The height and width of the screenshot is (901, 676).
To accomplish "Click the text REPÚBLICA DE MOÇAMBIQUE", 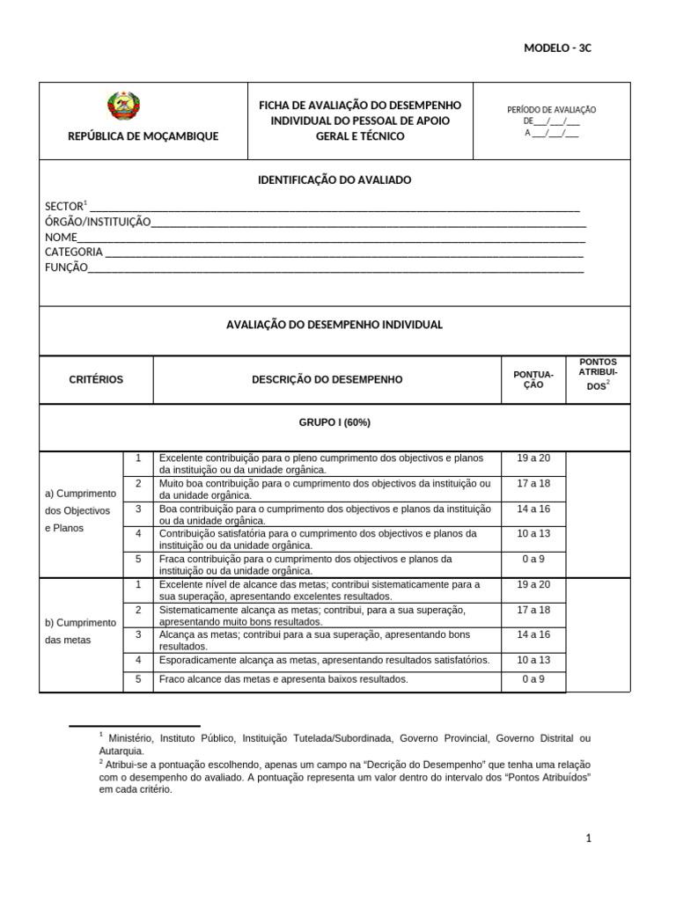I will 143,136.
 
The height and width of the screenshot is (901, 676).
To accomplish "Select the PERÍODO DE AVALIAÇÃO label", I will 552,110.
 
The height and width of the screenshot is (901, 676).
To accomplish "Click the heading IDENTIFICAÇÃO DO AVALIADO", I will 334,179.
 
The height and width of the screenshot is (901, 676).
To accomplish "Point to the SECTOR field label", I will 63,207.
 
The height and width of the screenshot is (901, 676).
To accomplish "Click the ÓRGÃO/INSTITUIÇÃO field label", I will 98,222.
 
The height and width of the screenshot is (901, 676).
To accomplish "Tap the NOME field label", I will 61,238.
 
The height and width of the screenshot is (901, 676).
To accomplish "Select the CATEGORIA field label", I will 74,253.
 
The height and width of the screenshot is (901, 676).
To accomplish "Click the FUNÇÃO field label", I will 66,267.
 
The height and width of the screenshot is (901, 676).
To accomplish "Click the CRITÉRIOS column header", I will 96,380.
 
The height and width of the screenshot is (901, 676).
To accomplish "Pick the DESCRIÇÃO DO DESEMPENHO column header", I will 327,380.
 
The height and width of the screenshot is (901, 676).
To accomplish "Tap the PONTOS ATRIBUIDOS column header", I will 598,374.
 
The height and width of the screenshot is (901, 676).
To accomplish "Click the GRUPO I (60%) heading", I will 334,422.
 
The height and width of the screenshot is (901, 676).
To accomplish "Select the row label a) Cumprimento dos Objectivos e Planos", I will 80,510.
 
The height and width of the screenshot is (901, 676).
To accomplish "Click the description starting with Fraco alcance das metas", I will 283,679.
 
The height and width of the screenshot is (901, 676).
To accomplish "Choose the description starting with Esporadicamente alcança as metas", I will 324,660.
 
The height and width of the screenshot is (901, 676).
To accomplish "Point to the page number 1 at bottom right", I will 589,839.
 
